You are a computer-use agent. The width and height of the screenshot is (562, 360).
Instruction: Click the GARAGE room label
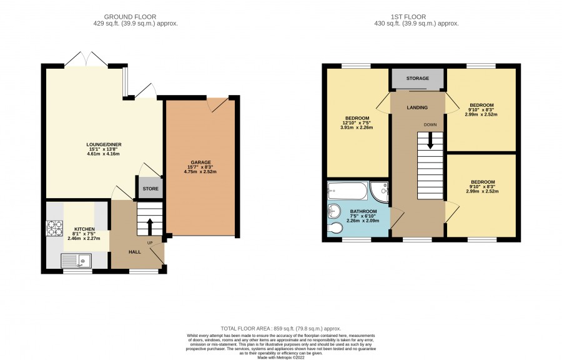click(x=200, y=162)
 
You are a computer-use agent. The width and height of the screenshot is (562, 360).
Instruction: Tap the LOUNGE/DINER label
click(x=103, y=144)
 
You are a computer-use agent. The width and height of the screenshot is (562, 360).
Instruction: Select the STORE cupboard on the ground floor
click(x=150, y=187)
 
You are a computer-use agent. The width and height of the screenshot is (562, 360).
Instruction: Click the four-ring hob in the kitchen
click(x=55, y=228)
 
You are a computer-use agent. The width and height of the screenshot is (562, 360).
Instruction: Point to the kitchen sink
click(x=76, y=261)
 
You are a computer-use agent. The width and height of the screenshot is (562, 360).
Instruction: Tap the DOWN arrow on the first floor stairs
click(x=430, y=141)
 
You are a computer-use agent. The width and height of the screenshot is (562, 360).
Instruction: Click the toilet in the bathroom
click(x=335, y=227)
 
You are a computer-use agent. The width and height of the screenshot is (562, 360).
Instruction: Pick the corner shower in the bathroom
click(x=380, y=191)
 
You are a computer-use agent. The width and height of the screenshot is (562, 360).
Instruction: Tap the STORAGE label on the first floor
click(x=418, y=78)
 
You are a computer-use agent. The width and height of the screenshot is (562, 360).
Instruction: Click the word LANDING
click(x=417, y=107)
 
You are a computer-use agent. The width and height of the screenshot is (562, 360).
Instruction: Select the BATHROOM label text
click(x=363, y=211)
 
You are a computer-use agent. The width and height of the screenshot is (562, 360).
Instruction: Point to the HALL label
click(x=135, y=252)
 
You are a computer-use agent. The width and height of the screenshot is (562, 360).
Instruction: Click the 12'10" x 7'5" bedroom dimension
click(x=357, y=122)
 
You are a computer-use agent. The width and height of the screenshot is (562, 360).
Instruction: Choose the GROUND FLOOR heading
click(x=130, y=17)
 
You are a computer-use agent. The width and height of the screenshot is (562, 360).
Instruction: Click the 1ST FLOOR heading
click(x=408, y=17)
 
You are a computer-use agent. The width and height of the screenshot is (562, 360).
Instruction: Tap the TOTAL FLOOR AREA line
click(x=281, y=329)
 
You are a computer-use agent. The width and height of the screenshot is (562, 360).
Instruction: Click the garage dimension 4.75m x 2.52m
click(x=200, y=171)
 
